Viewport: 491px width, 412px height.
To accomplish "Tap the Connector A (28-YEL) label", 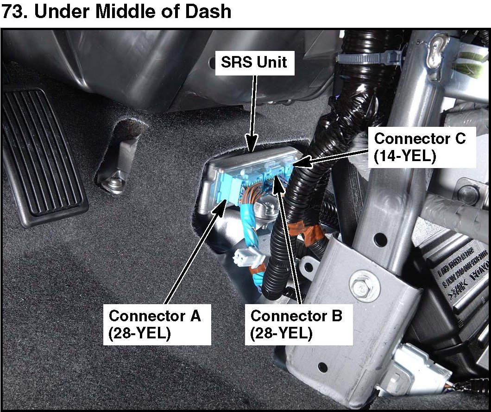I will click(x=155, y=324).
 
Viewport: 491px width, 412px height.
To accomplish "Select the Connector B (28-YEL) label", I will click(x=296, y=324).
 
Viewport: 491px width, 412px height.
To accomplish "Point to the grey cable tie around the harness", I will click(x=366, y=58).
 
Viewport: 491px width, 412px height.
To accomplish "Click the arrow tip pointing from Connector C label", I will click(x=296, y=162).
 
